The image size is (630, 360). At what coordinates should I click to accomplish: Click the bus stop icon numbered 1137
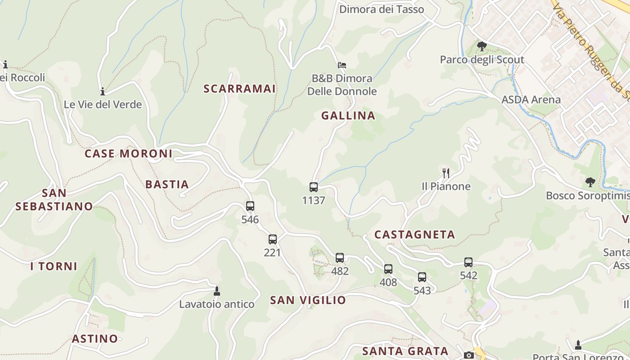coord(314,187)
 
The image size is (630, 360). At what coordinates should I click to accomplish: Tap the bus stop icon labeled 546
coord(250,206)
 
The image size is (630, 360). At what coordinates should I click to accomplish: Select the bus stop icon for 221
coord(273,239)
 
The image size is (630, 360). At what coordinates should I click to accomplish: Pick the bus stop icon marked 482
coord(340,258)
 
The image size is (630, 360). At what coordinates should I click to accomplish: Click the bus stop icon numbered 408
coord(388,269)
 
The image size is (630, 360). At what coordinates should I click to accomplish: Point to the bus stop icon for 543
coord(422,277)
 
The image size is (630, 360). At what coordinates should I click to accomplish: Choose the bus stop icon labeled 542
coord(468,262)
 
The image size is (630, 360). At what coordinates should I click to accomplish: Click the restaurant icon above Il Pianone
coord(446,173)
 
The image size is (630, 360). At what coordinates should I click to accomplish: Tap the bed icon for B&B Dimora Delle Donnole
coord(342,65)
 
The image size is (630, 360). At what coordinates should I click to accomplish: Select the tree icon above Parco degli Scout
coord(482,46)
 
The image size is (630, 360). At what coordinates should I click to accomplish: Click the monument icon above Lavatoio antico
coord(217,291)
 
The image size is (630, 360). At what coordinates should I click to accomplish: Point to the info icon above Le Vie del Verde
coord(103,91)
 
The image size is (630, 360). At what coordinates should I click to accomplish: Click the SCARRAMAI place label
coord(239,89)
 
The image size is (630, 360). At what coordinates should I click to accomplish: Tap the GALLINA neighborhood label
coord(348,116)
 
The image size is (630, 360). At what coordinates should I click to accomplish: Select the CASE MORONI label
coord(129,153)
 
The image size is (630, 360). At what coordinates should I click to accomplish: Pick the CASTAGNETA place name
coord(414,234)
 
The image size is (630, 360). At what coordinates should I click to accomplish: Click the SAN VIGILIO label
coord(308,300)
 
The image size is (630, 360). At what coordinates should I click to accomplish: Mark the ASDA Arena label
coord(531,99)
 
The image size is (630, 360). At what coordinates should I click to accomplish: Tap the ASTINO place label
coord(95,338)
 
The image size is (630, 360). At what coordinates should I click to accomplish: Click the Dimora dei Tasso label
coord(382,9)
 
